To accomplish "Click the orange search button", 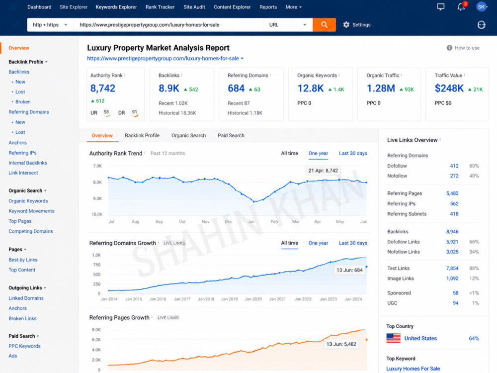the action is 324,25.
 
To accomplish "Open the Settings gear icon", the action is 346,25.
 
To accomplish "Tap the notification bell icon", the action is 461,7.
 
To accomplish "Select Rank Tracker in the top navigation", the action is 160,7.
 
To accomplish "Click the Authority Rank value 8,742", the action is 103,88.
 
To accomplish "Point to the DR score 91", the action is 134,112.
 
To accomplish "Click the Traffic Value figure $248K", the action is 449,88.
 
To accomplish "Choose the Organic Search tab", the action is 188,135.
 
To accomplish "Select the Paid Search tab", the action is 231,135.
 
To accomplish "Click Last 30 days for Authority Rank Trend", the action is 353,154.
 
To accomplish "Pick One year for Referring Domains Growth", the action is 318,243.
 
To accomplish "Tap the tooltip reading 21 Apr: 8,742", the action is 323,171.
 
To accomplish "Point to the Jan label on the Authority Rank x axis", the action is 250,222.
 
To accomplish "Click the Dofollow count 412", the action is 454,166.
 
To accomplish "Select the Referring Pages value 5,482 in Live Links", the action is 452,193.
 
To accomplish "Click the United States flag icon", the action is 393,338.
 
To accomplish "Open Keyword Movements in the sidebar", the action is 31,211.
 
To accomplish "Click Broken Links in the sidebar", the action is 22,318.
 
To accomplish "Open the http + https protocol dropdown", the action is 50,25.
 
